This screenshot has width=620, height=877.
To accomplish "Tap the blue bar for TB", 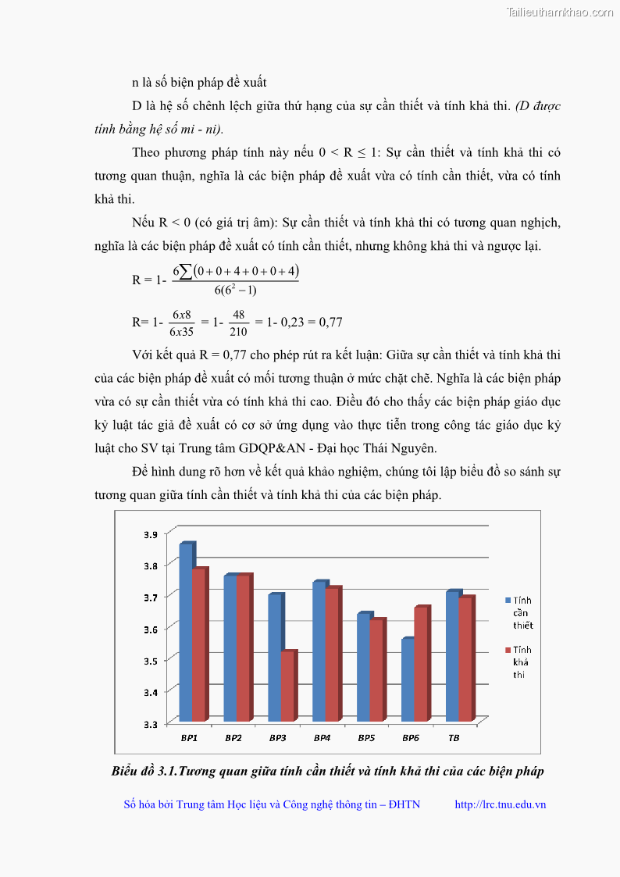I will (452, 655).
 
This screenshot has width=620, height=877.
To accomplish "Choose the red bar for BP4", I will (332, 654).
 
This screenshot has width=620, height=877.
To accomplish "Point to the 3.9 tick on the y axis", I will (150, 534).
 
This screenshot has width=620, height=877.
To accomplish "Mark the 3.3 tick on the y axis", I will (150, 724).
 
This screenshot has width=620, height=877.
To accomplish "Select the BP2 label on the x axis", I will (233, 738).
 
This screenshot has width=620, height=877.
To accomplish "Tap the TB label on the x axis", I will (454, 738).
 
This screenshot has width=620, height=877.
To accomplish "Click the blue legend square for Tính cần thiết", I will (508, 600).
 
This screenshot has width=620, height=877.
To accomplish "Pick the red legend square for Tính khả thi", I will (508, 650).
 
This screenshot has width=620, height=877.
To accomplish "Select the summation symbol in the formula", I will (187, 272).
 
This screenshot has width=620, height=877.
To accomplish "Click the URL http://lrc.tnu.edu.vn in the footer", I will (500, 804).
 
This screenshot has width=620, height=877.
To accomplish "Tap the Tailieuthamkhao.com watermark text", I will (559, 12).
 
